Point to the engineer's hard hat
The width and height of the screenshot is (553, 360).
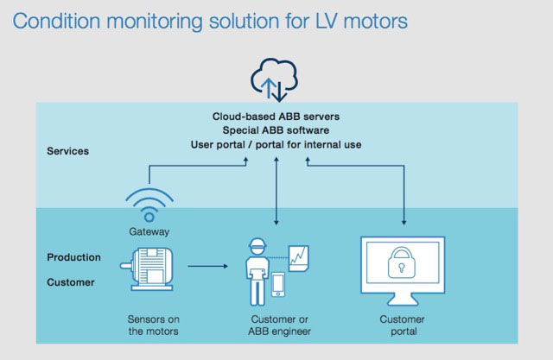(x=257, y=246)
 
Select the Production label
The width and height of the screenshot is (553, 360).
(x=73, y=257)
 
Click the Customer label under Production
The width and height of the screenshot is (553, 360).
(x=72, y=281)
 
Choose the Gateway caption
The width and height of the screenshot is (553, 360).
(x=149, y=231)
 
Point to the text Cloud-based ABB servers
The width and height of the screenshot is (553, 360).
(x=276, y=116)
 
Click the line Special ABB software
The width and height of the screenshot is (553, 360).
(x=276, y=129)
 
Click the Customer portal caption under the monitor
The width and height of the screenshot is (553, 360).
(x=403, y=325)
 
